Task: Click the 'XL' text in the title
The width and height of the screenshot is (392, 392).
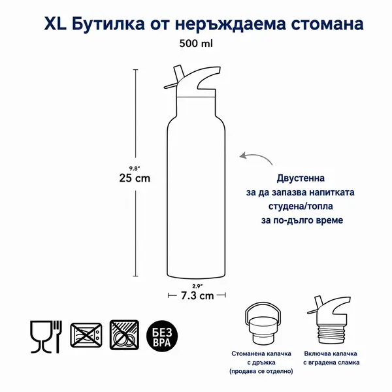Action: [x=56, y=24]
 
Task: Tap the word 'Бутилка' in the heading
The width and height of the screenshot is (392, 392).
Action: [x=108, y=25]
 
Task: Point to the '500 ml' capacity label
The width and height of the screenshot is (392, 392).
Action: [x=196, y=44]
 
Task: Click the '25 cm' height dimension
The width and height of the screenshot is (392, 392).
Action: [x=135, y=178]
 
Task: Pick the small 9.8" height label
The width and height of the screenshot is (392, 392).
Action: [x=133, y=169]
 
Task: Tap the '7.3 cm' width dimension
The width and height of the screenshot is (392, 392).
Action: [x=197, y=296]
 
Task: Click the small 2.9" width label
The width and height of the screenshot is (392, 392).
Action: [x=197, y=286]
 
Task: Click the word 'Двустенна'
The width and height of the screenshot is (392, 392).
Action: [x=301, y=178]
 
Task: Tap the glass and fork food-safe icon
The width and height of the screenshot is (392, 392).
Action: [x=46, y=336]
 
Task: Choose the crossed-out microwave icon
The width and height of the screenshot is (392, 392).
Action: [x=86, y=335]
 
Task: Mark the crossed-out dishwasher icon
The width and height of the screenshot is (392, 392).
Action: [x=124, y=335]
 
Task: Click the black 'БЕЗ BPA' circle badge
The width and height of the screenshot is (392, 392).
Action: [x=162, y=336]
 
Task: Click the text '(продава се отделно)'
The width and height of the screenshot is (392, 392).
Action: [x=261, y=371]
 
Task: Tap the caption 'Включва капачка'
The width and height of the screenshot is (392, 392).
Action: [x=331, y=353]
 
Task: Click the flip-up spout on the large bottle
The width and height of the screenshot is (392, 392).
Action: [x=178, y=73]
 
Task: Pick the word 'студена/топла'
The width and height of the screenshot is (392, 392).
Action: [x=301, y=206]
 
